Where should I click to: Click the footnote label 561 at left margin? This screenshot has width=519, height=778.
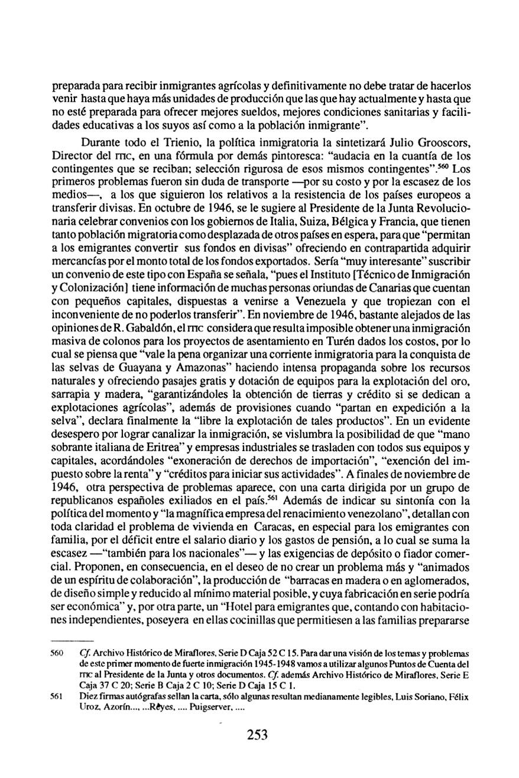(58, 697)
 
